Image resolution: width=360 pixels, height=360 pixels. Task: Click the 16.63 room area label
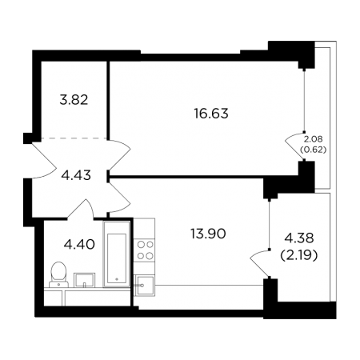tap(211, 114)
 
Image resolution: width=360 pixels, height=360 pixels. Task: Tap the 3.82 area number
tap(74, 100)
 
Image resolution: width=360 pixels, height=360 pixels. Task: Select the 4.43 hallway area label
tap(76, 175)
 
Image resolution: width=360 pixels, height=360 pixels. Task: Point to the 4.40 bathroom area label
tap(79, 244)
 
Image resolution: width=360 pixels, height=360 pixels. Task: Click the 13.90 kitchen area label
tap(208, 234)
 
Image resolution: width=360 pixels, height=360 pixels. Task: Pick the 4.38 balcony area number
tap(299, 238)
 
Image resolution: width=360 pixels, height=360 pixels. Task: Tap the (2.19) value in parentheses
tap(299, 256)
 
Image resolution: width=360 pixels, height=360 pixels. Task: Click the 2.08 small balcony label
tap(313, 138)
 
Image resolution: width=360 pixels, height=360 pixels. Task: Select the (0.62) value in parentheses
tap(314, 150)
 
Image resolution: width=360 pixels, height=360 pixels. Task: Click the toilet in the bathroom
tap(58, 274)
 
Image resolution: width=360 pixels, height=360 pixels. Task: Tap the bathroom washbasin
tap(84, 280)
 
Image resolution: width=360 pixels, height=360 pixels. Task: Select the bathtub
tap(117, 254)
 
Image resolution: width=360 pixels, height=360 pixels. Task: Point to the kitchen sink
tap(144, 286)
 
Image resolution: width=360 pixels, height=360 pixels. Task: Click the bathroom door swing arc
tap(80, 209)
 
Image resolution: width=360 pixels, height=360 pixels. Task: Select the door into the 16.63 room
tap(120, 155)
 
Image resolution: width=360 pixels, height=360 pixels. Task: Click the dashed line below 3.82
tap(74, 138)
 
